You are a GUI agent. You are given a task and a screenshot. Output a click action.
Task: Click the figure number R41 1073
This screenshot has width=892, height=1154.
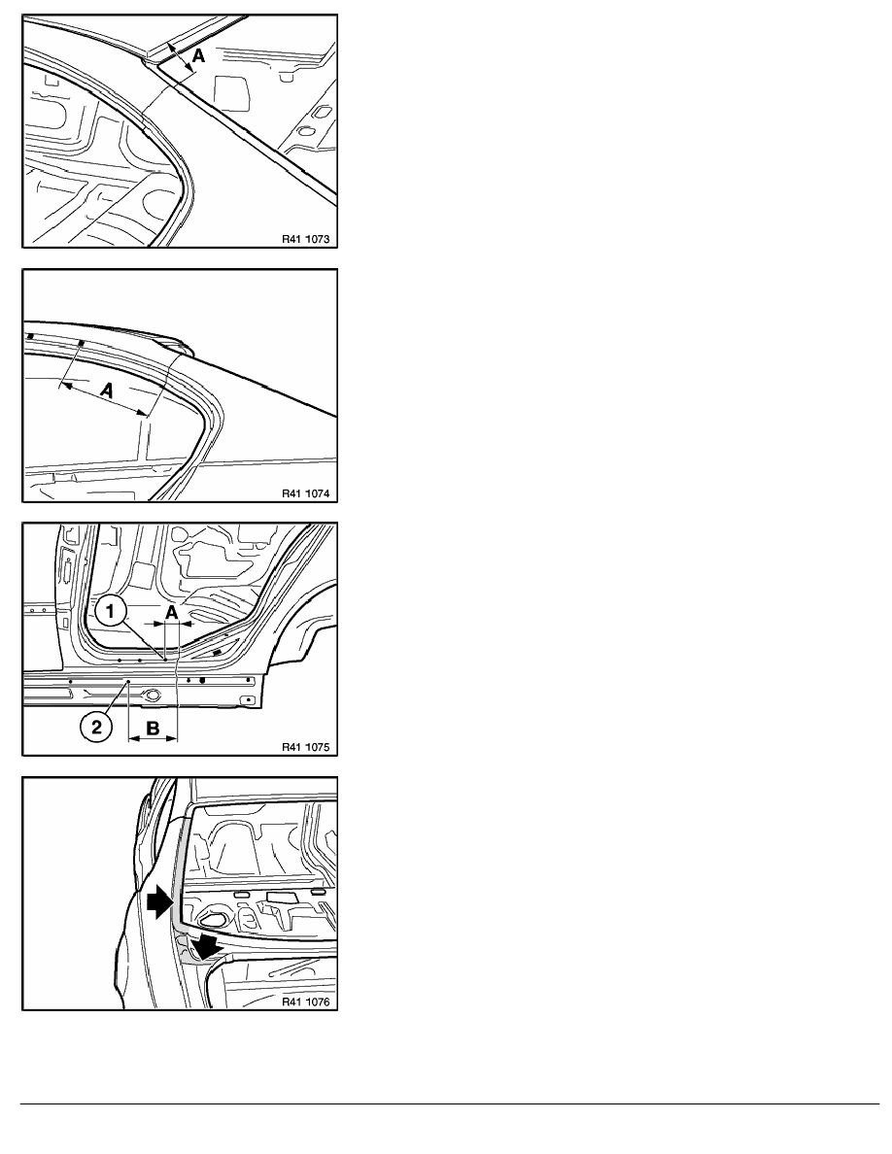coord(305,239)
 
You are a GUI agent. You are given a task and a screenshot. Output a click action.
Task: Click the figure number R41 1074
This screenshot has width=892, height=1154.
coord(305,493)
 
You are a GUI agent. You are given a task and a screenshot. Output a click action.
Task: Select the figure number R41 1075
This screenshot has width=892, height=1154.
coord(305,747)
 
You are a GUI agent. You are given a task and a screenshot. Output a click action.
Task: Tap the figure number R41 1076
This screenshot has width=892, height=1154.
coord(305,1001)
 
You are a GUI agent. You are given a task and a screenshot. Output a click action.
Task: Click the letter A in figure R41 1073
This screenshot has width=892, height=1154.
coord(199,54)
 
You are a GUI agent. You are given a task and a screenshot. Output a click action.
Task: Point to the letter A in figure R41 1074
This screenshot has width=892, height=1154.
coord(108,390)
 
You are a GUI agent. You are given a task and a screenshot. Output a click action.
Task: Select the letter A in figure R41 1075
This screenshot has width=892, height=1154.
coord(171,612)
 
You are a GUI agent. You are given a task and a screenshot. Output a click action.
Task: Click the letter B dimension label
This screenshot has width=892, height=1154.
coord(154,729)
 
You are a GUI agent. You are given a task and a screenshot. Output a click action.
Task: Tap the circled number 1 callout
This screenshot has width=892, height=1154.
coord(111,611)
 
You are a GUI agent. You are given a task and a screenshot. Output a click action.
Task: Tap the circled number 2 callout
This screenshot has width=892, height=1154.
coord(95,728)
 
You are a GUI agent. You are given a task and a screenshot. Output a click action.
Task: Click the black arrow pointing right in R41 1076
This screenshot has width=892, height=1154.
coord(158,902)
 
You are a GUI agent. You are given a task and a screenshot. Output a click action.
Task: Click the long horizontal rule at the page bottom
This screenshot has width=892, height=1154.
coord(450,1103)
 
